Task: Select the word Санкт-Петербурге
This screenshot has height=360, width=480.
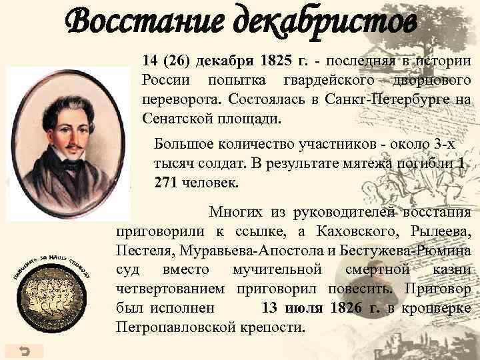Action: tap(371, 100)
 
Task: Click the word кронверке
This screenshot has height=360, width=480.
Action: tap(437, 309)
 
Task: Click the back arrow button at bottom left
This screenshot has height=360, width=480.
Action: tap(24, 350)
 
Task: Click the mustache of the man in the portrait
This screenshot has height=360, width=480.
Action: tap(71, 145)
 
